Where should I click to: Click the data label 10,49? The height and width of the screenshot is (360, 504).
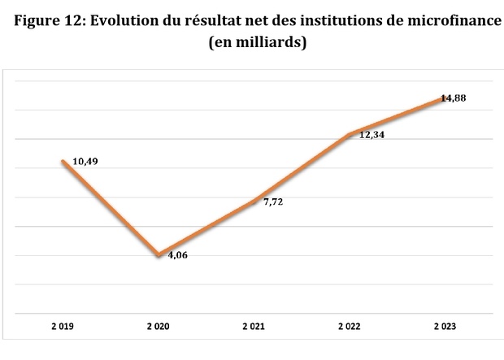[x=85, y=163]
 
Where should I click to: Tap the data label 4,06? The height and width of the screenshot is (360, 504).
[x=177, y=254]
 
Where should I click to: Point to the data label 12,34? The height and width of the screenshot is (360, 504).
[x=371, y=135]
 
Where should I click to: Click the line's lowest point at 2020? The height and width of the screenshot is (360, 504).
[x=159, y=255]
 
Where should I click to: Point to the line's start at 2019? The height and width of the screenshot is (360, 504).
[x=63, y=162]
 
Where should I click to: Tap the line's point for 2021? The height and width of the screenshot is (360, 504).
[x=254, y=201]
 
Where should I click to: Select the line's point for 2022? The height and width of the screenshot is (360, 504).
[x=349, y=134]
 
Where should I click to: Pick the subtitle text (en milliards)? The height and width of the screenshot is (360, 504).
[x=257, y=44]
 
